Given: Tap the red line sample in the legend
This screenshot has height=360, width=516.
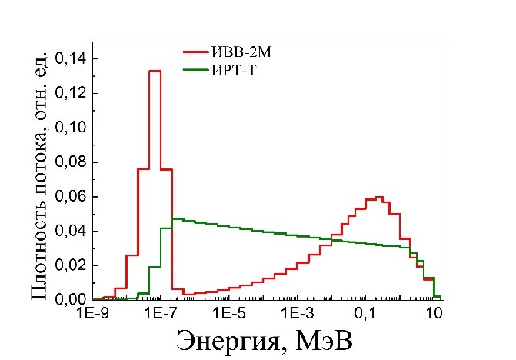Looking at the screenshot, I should click(195, 52).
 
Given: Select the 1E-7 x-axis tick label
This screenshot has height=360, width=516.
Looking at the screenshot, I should click(161, 314).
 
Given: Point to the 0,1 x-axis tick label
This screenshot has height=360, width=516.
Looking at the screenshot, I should click(366, 314).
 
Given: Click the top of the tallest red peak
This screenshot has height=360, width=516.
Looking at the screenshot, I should click(155, 71).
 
